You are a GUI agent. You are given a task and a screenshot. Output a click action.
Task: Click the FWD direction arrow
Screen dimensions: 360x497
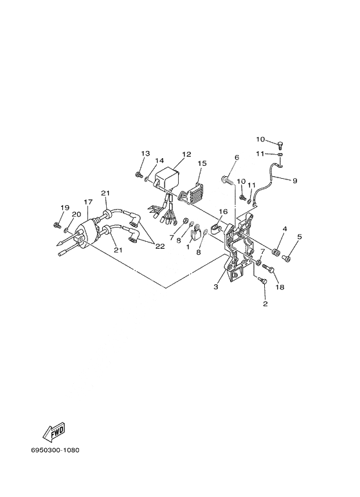[54, 433]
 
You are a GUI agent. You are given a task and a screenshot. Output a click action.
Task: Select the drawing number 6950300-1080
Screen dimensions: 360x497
[55, 450]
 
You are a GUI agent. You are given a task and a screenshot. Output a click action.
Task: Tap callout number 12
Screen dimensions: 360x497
[186, 154]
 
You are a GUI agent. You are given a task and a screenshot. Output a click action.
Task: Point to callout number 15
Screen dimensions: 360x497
[202, 163]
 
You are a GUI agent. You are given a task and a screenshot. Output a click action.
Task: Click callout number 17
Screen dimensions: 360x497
[88, 202]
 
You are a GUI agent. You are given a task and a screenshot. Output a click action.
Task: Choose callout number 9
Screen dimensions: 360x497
[294, 181]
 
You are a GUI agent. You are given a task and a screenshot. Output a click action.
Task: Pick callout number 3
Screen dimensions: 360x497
[216, 287]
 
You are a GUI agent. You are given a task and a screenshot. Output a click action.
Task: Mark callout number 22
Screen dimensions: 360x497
[160, 246]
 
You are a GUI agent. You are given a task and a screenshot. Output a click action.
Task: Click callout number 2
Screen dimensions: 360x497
[265, 303]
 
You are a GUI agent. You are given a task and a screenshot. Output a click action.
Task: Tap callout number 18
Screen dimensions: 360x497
[280, 287]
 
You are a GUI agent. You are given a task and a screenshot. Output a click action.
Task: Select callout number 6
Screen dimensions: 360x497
[237, 158]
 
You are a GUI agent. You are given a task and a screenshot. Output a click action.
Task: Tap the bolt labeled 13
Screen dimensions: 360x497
[138, 174]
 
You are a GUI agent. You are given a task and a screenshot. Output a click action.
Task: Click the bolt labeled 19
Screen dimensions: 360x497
[57, 225]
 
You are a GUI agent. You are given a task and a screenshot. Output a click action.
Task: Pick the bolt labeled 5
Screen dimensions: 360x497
[285, 258]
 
